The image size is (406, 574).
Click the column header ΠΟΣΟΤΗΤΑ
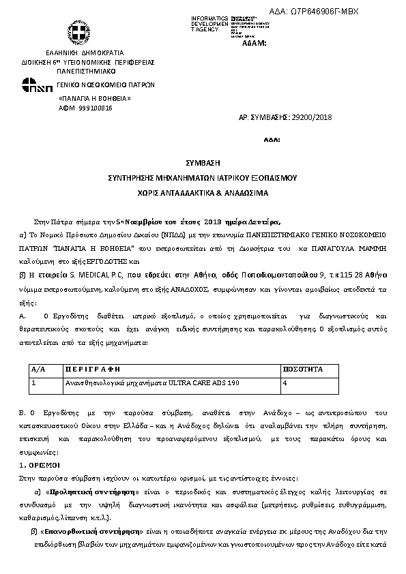(x=302, y=368)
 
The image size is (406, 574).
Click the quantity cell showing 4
(x=285, y=384)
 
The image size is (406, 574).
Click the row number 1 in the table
(x=33, y=384)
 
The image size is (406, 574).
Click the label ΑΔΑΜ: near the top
(x=254, y=43)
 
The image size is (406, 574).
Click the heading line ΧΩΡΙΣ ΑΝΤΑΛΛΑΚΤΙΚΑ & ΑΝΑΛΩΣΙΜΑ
(x=202, y=194)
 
